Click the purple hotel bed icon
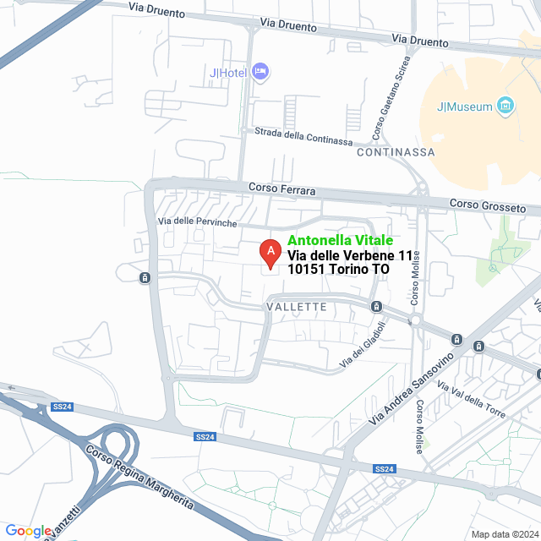click(261, 72)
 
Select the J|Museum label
click(463, 107)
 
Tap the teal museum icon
click(505, 106)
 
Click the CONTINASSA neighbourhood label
click(396, 153)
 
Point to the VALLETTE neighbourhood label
click(296, 307)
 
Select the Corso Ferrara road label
click(281, 189)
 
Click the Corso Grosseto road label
click(488, 205)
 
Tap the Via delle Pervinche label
click(199, 221)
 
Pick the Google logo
click(27, 531)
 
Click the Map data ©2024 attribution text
click(504, 534)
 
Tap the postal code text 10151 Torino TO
click(338, 270)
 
